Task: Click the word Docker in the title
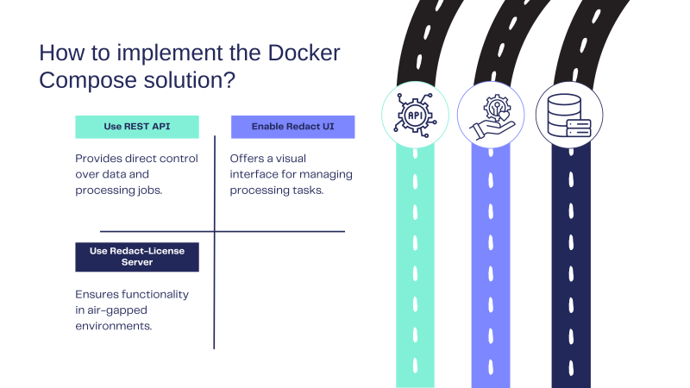pyautogui.click(x=304, y=53)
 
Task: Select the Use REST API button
pyautogui.click(x=137, y=127)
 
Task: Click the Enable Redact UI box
pyautogui.click(x=292, y=127)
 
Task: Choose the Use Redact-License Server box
pyautogui.click(x=137, y=257)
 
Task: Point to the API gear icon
pyautogui.click(x=415, y=115)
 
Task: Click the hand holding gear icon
pyautogui.click(x=492, y=116)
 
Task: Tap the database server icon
pyautogui.click(x=569, y=116)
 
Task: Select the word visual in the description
pyautogui.click(x=291, y=159)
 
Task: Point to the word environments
pyautogui.click(x=114, y=326)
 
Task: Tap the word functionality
pyautogui.click(x=155, y=295)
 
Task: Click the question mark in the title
pyautogui.click(x=229, y=80)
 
